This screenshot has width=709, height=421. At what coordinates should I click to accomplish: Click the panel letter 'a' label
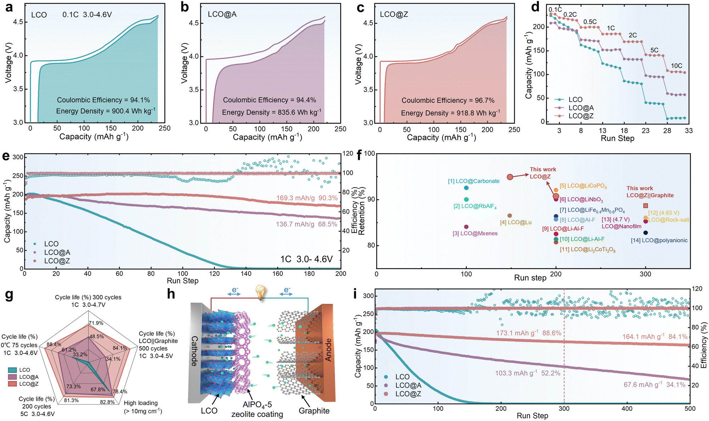9,7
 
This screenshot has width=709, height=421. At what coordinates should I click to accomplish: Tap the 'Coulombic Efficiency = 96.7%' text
448,100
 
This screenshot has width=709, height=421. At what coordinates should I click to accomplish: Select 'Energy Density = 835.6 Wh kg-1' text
272,112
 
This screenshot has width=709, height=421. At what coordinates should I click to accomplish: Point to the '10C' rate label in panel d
676,66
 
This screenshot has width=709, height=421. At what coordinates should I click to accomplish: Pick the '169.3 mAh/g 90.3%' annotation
307,198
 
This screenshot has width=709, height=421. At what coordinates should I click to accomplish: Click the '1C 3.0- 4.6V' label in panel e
307,259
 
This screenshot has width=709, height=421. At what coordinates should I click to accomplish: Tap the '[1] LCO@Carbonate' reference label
474,181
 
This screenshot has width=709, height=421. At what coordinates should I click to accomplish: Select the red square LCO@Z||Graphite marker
646,206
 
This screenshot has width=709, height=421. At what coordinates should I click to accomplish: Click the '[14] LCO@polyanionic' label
659,240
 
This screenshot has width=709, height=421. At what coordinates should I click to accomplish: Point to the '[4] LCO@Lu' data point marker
510,216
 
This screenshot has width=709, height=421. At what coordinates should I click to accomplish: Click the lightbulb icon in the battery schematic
261,293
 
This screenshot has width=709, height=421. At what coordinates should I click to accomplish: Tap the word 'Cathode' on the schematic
194,351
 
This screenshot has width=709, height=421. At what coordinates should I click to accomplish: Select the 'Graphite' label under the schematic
314,411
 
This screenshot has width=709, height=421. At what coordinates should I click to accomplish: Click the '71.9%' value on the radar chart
96,323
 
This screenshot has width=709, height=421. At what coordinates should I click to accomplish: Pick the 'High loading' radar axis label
141,403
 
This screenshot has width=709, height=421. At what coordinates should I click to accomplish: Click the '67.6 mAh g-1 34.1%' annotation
654,384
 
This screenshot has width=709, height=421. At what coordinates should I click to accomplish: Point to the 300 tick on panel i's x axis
564,408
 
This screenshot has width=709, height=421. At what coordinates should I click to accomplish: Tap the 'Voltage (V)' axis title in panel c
358,64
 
